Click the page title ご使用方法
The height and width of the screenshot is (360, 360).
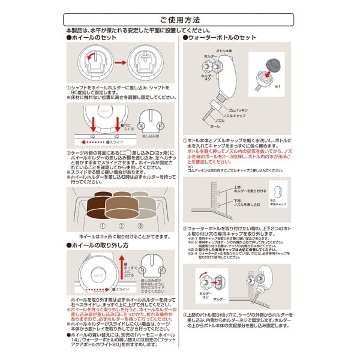(179, 20)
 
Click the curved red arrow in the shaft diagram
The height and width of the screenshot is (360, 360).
(92, 57)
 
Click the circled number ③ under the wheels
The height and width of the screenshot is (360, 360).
(141, 226)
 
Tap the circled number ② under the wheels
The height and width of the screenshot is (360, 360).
(121, 226)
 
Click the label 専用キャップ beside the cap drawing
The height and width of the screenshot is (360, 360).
(277, 204)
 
